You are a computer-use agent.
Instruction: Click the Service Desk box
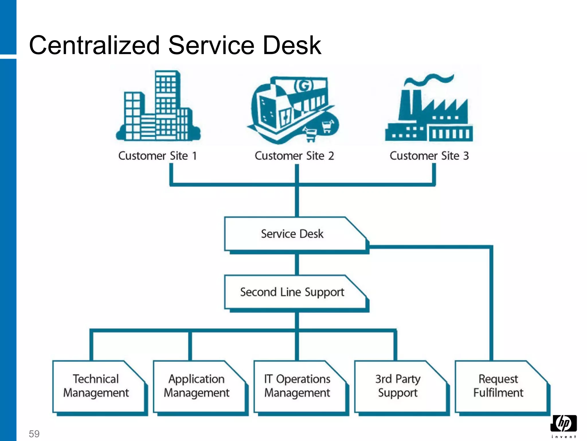pyautogui.click(x=292, y=234)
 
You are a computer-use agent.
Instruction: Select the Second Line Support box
pyautogui.click(x=292, y=292)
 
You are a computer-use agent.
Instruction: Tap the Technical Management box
pyautogui.click(x=96, y=386)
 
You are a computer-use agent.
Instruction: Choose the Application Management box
pyautogui.click(x=197, y=386)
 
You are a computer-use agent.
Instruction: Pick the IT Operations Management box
pyautogui.click(x=298, y=386)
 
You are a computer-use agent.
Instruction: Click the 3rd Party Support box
pyautogui.click(x=398, y=386)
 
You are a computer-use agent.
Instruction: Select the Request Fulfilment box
pyautogui.click(x=499, y=386)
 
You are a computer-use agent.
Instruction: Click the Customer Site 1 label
pyautogui.click(x=158, y=156)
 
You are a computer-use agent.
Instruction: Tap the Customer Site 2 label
pyautogui.click(x=294, y=156)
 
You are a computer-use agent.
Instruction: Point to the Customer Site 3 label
pyautogui.click(x=429, y=156)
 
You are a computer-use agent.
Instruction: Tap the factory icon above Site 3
pyautogui.click(x=429, y=115)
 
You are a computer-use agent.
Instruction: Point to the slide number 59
pyautogui.click(x=34, y=434)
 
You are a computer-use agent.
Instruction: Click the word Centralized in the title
pyautogui.click(x=95, y=45)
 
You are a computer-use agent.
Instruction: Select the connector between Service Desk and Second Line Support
pyautogui.click(x=297, y=264)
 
